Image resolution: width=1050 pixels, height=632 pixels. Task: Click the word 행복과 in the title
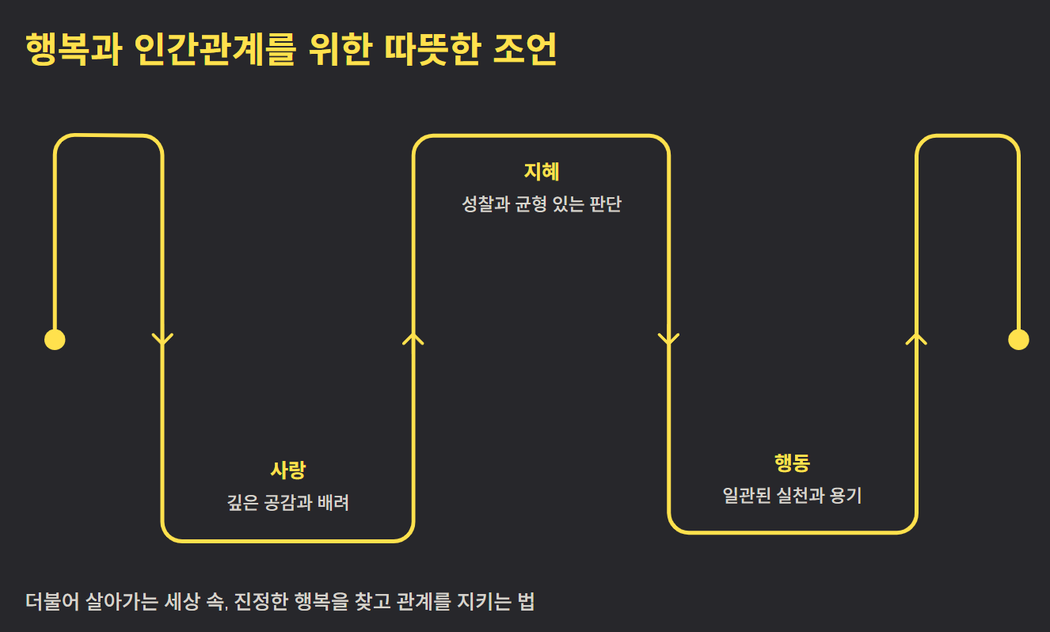click(x=73, y=51)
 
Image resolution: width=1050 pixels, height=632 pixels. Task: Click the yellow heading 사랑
click(x=287, y=470)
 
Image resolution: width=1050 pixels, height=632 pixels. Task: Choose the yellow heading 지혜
click(x=542, y=172)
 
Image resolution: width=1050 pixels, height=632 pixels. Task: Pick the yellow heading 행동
click(x=792, y=464)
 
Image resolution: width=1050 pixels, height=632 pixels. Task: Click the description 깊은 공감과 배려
click(x=287, y=503)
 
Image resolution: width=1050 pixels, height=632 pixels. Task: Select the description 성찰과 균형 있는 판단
click(x=542, y=204)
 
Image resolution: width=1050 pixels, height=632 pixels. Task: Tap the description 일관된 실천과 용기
click(x=792, y=497)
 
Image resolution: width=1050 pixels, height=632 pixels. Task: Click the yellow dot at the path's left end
click(x=55, y=340)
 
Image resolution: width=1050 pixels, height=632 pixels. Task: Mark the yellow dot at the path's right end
click(x=1018, y=340)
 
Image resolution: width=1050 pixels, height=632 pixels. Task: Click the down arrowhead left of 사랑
click(x=162, y=340)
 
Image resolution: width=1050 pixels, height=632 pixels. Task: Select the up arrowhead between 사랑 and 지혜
click(x=413, y=338)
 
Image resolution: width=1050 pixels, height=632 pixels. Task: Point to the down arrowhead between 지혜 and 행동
click(x=669, y=340)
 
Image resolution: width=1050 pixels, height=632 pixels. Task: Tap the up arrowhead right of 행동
click(x=916, y=338)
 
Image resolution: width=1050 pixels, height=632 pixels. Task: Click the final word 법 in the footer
click(x=526, y=601)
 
